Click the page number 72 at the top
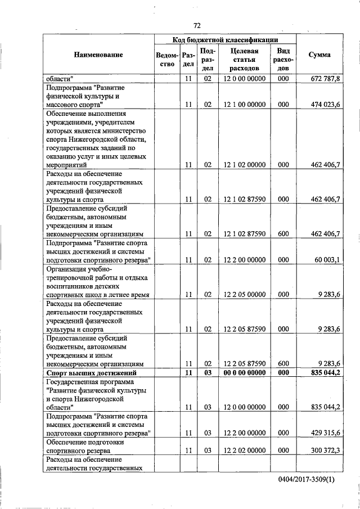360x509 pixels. pos(197,25)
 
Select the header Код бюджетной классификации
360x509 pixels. pos(226,40)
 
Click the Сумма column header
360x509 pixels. pos(319,55)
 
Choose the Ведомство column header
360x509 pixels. pos(168,60)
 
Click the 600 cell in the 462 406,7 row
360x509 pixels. pos(283,233)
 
